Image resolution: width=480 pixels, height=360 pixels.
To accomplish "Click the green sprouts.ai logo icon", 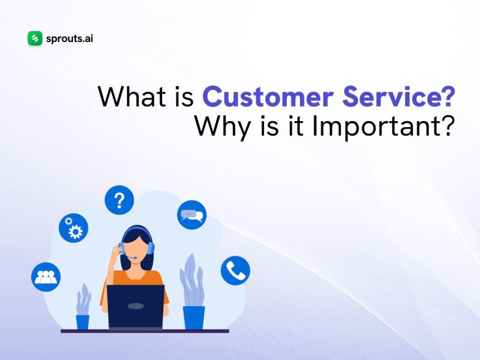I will (35, 38).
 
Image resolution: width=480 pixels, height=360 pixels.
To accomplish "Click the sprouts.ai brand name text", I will (69, 38).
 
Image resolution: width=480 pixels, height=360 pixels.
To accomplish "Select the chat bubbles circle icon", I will (191, 214).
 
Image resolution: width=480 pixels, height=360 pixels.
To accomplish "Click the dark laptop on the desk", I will (136, 306).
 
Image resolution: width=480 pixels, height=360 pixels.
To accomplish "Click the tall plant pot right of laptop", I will (194, 317).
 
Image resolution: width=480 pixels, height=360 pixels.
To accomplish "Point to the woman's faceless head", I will (136, 244).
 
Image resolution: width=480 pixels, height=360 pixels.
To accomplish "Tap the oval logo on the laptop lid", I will (136, 306).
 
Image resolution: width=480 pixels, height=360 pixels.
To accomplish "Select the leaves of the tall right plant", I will (191, 279).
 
